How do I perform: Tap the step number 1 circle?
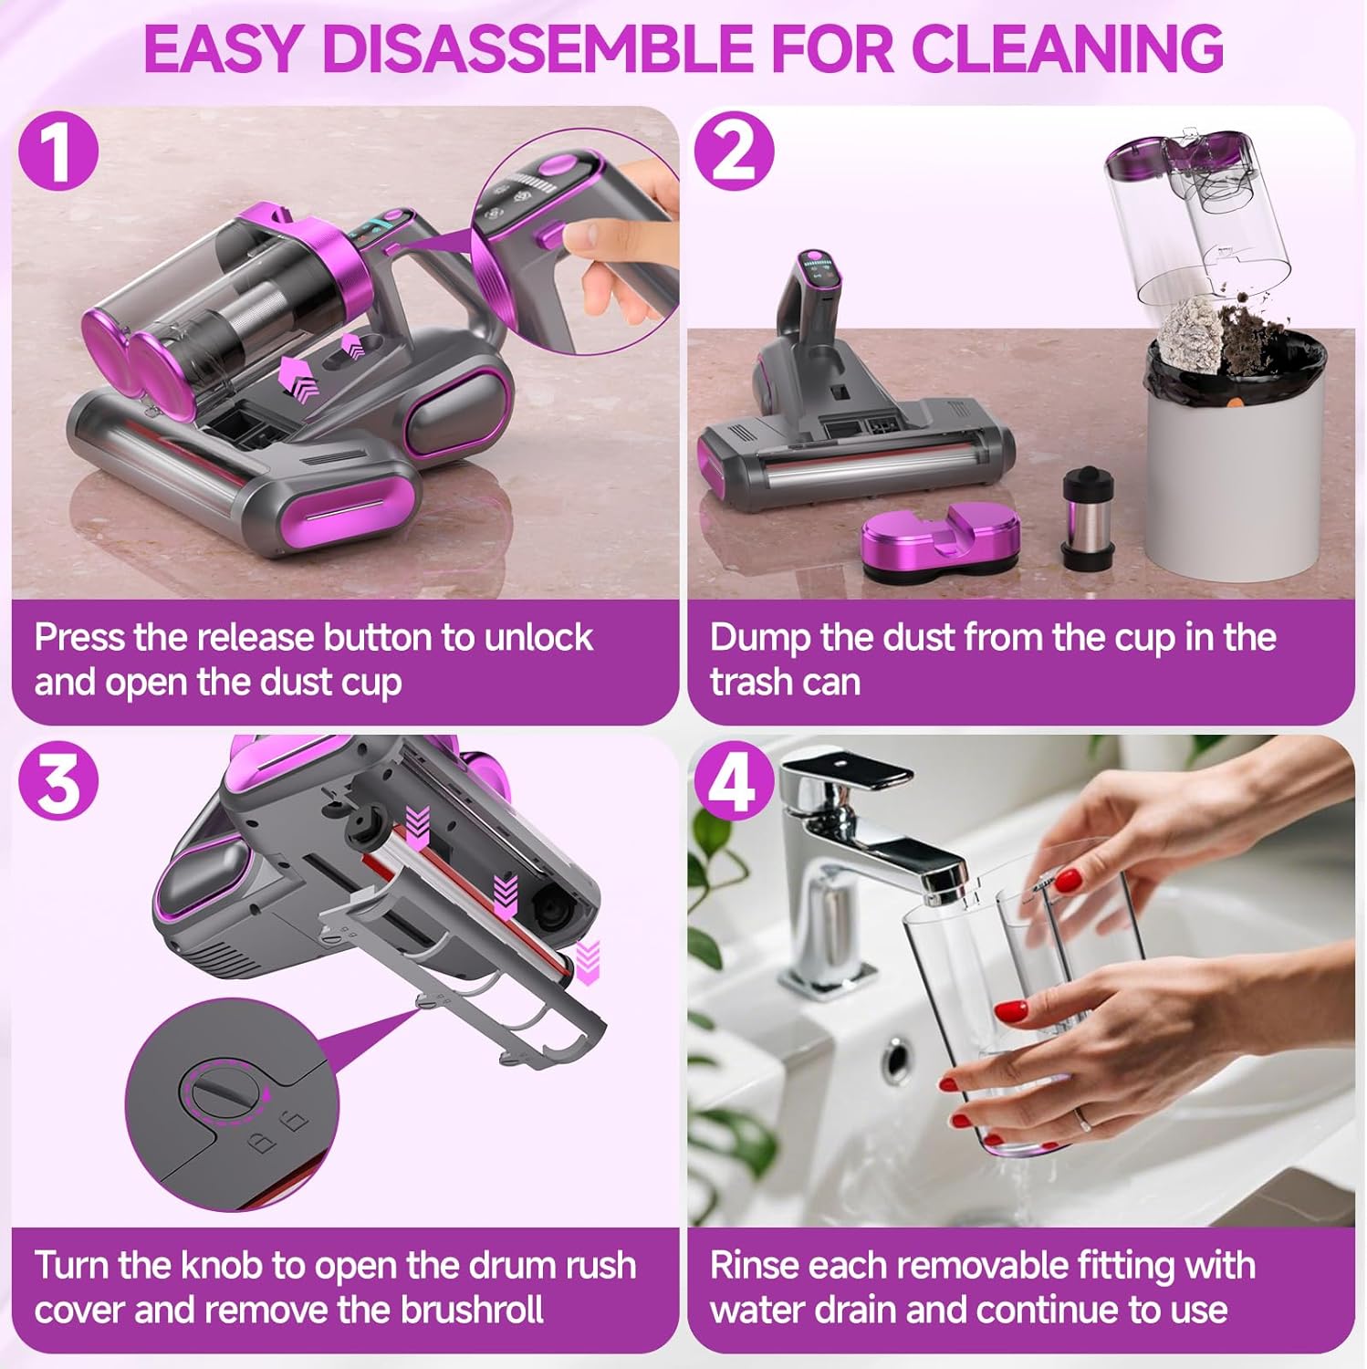[58, 151]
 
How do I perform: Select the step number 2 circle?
[733, 151]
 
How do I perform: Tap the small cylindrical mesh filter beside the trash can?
[1089, 520]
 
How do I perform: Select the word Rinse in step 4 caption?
[753, 1266]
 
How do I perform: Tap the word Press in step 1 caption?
[79, 637]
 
